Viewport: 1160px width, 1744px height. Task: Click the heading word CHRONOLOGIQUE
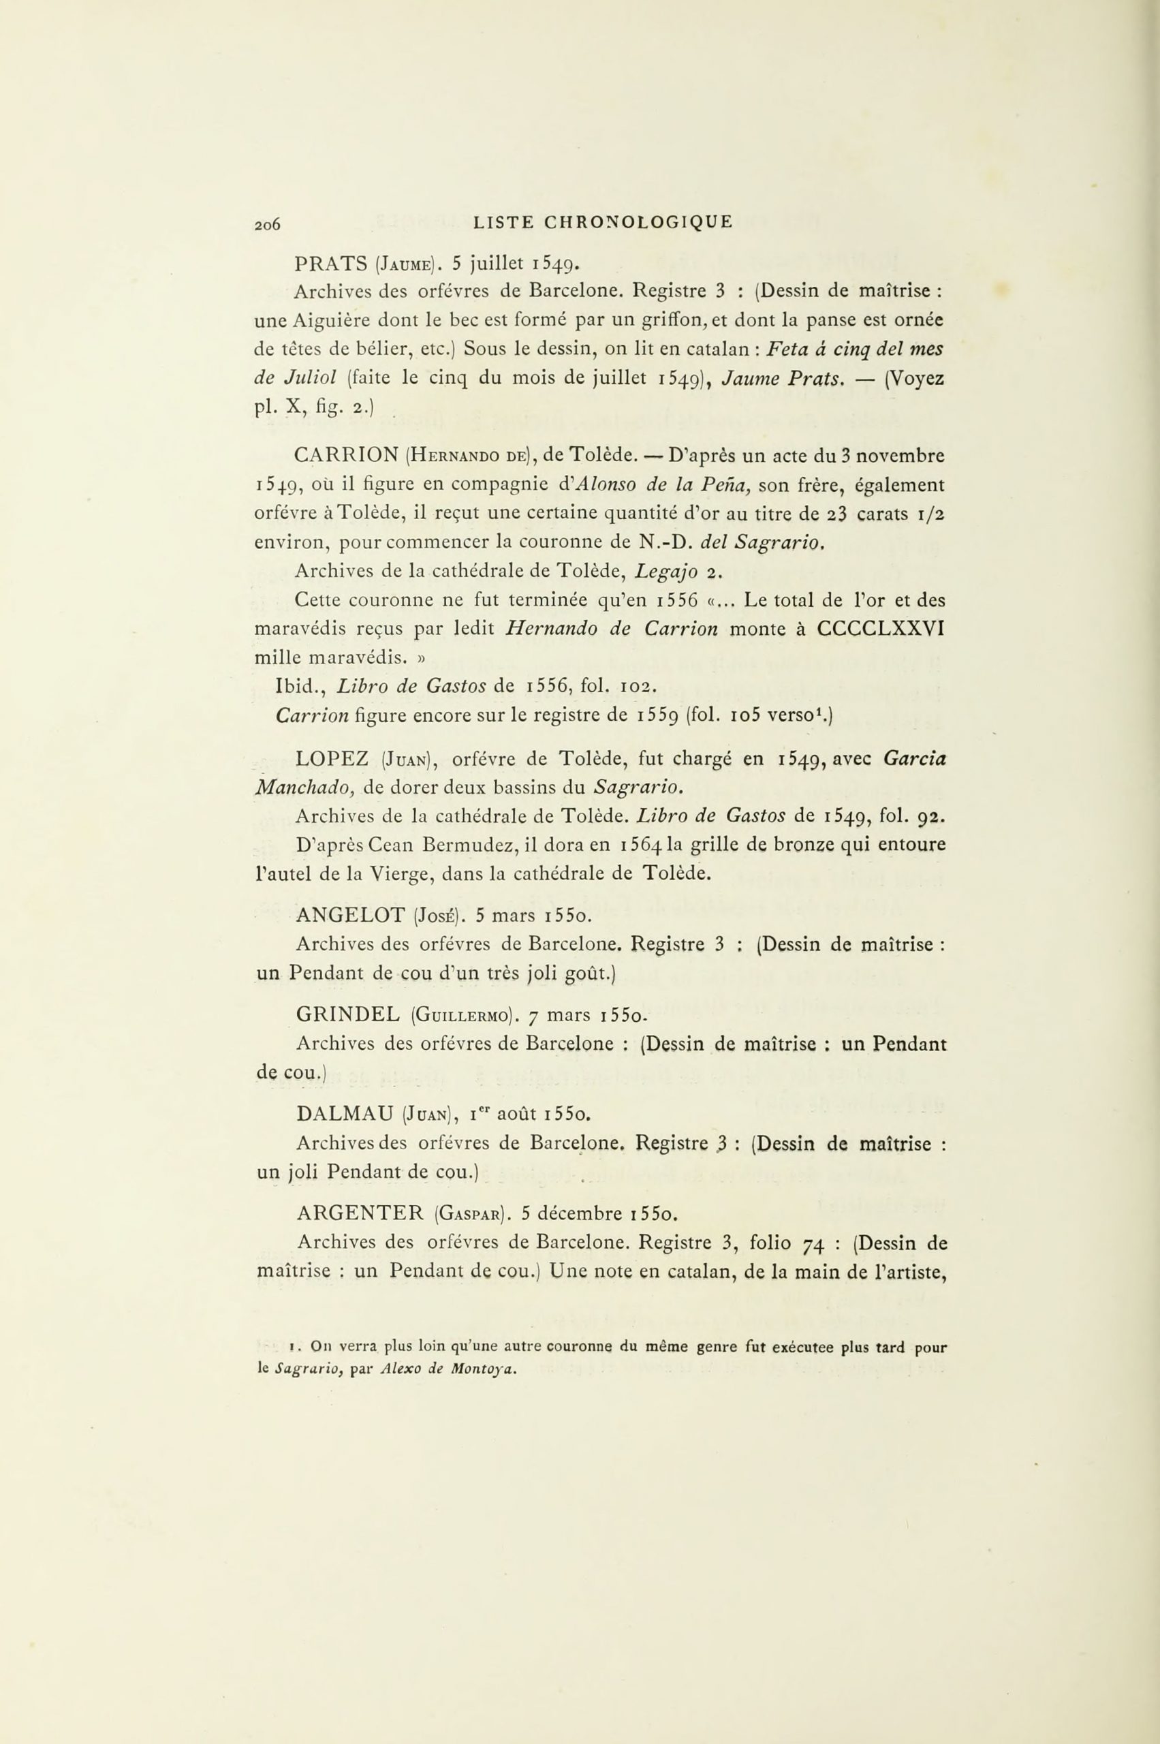[638, 222]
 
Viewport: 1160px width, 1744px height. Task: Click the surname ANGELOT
[349, 916]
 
